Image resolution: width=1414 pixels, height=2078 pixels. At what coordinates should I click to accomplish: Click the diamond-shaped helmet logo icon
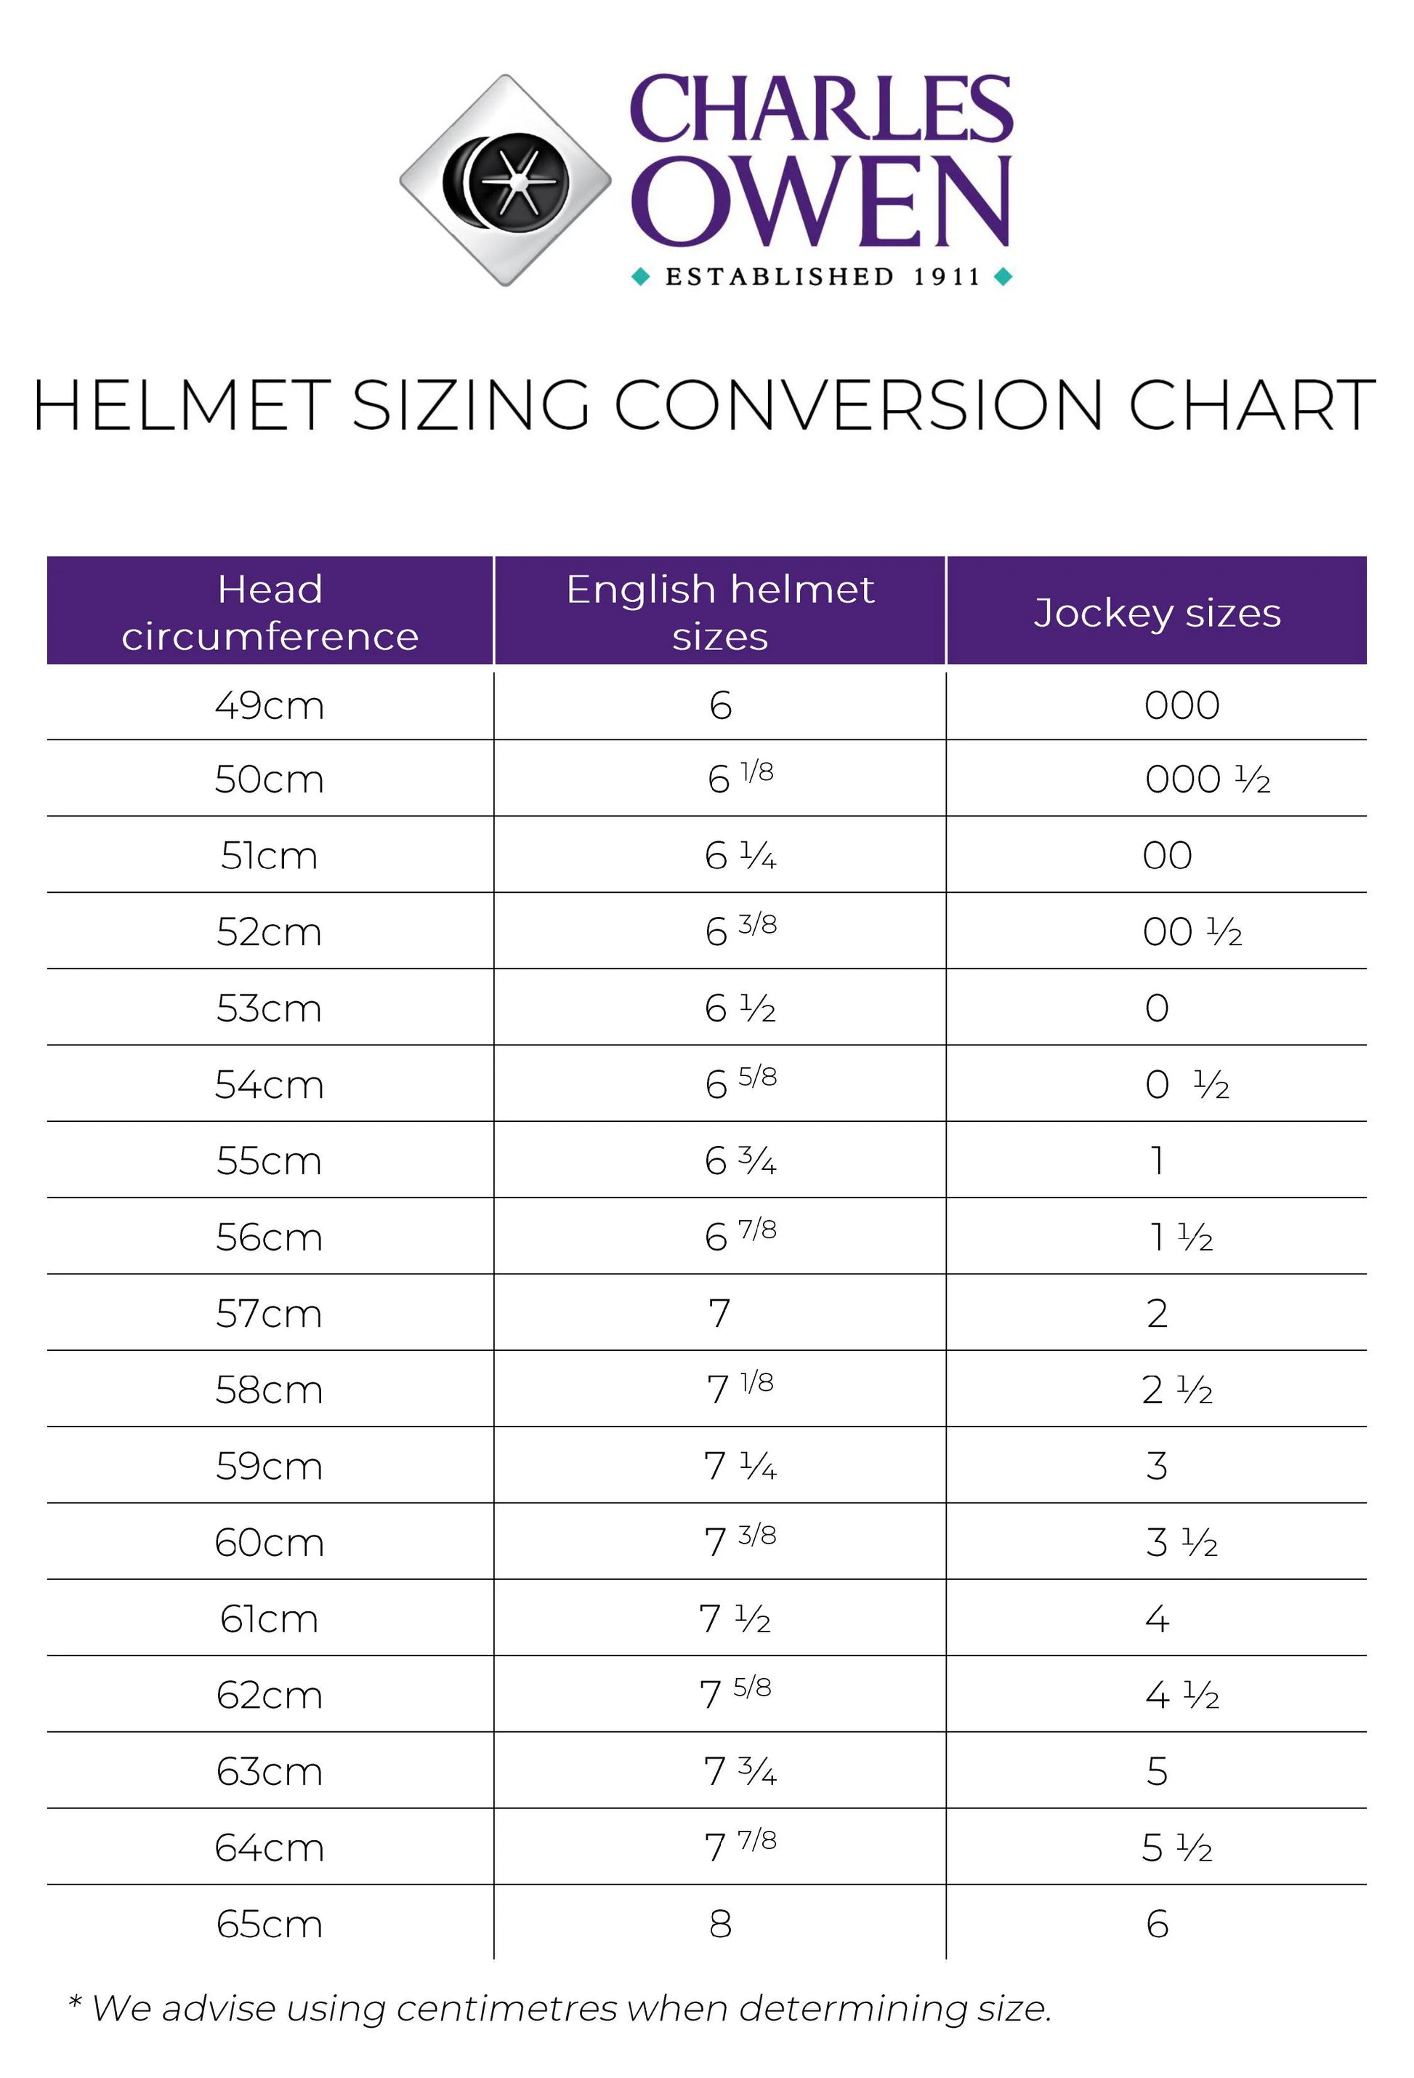505,180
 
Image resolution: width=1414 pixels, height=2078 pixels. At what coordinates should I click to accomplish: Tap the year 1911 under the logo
947,277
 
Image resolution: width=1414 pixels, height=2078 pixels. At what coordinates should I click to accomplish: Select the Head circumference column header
270,612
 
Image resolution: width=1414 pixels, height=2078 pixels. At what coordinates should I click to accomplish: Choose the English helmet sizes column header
719,612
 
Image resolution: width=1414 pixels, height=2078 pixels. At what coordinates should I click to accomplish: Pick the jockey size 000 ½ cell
1207,779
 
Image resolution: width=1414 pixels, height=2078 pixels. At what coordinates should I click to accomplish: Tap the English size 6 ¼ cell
740,857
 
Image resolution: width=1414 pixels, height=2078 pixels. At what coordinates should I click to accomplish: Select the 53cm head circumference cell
269,1008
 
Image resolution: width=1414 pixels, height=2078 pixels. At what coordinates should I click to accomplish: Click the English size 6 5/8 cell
740,1083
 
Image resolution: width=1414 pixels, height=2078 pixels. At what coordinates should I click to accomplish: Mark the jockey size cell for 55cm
1158,1160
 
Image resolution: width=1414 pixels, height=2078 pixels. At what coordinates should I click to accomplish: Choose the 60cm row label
269,1542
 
